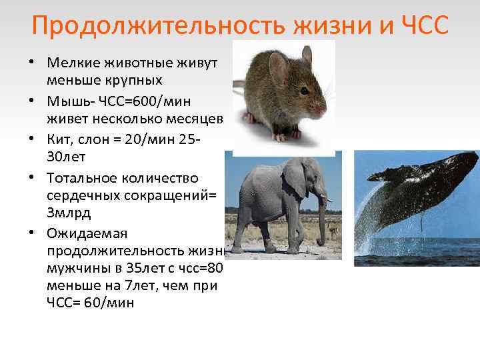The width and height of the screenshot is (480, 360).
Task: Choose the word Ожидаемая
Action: pos(82,234)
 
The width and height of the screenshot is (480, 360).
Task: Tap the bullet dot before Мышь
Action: pos(32,102)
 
